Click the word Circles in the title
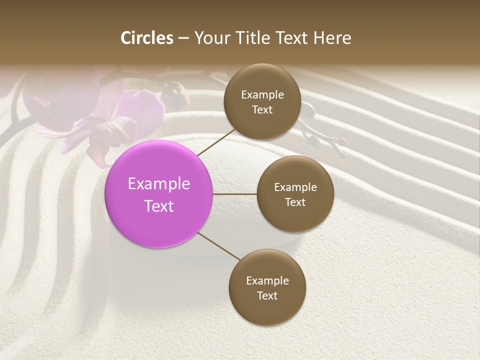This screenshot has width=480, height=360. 146,38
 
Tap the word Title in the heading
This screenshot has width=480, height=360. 254,38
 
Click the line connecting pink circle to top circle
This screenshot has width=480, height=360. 216,142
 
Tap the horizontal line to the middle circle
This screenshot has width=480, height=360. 234,194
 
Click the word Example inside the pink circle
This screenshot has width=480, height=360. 158,183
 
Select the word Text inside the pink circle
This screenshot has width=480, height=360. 158,206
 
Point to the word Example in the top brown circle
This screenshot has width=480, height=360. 262,94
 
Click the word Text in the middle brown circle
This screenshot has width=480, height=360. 295,202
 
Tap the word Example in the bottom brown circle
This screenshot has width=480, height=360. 267,280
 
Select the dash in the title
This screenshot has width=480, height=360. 183,38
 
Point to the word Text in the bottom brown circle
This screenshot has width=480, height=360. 267,295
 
